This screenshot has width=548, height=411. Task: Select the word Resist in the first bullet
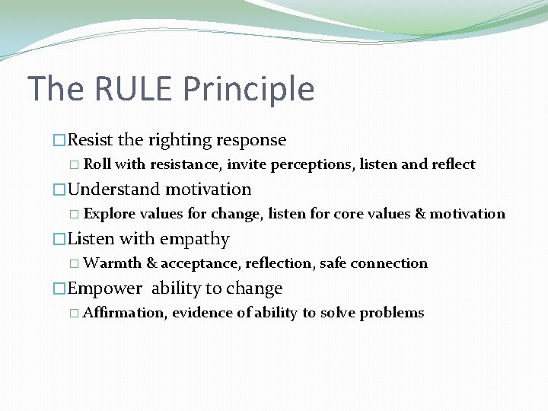click(91, 140)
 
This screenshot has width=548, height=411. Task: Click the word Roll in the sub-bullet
click(97, 164)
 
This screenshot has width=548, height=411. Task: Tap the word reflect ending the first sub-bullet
click(452, 164)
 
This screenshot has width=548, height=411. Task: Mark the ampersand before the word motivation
click(420, 214)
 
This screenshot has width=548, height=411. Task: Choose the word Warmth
click(112, 263)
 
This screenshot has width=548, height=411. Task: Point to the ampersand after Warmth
click(151, 263)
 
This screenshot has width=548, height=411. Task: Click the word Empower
click(105, 288)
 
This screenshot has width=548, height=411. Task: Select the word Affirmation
click(125, 313)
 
